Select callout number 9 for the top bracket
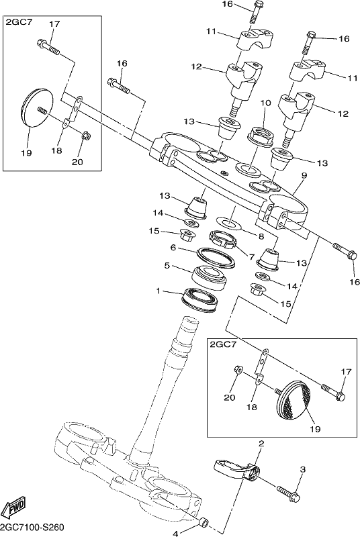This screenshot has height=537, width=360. pos(304,175)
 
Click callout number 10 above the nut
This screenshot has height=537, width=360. pos(265,103)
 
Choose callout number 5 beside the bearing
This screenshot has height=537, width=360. pos(167,265)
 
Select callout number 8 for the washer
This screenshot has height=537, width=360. pos(261,236)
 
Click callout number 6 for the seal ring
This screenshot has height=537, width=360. pos(173,247)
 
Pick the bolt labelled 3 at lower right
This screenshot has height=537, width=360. pos(289,493)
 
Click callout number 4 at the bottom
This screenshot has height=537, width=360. pos(175,533)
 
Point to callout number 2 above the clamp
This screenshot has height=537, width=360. pos(261,444)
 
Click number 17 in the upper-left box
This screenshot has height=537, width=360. pos(54,24)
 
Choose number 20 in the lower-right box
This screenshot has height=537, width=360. pos(230,397)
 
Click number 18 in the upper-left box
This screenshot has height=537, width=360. pos(57,150)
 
